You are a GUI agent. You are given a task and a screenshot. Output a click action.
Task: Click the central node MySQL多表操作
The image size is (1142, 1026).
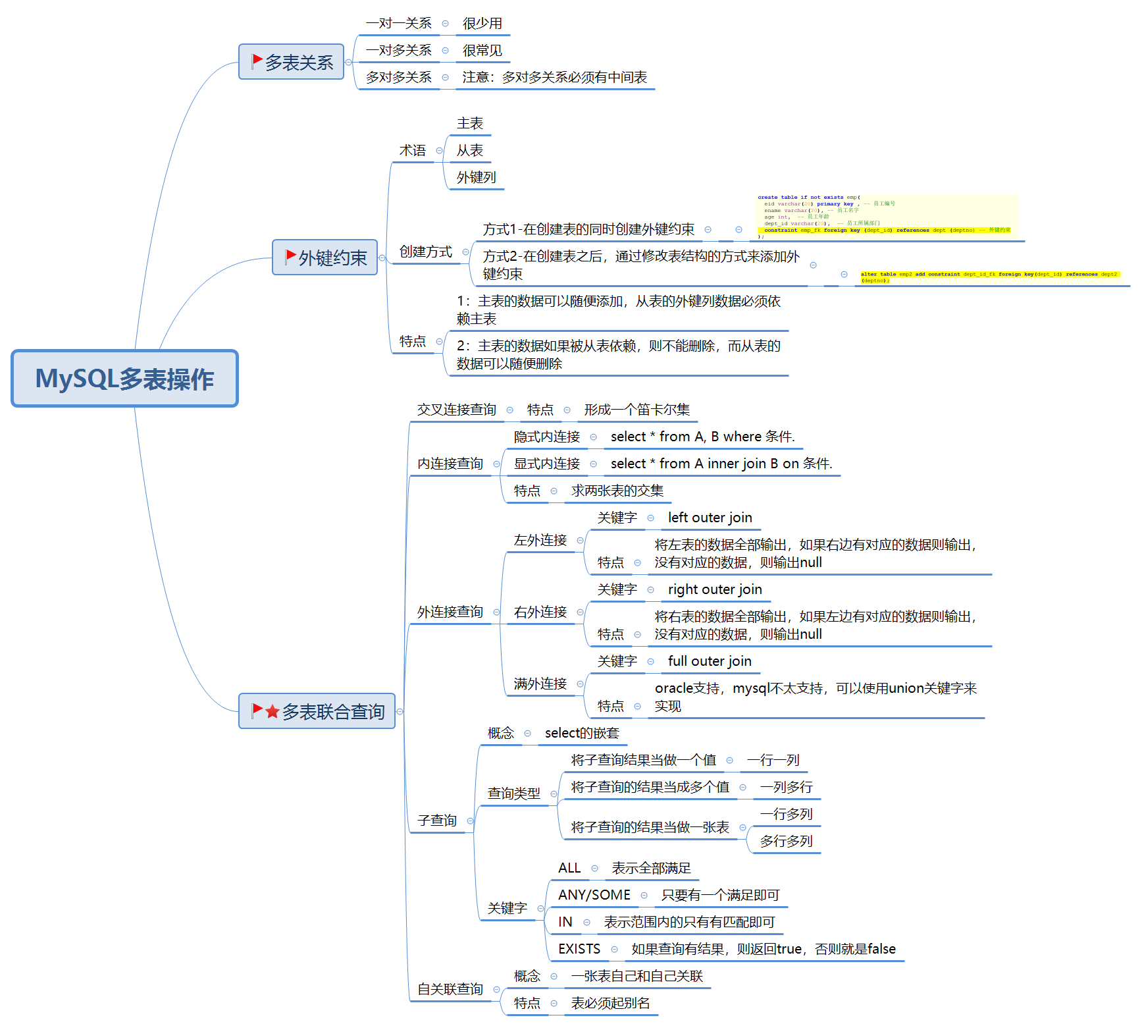coord(124,379)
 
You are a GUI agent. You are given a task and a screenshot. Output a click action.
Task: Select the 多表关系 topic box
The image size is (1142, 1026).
coord(291,62)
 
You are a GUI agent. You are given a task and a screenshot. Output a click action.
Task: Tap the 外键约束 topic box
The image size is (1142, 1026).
coord(324,257)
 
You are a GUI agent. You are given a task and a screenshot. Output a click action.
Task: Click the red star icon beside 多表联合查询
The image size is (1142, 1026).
coord(273,711)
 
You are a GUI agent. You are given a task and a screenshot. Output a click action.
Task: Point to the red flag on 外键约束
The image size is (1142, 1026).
coord(290,256)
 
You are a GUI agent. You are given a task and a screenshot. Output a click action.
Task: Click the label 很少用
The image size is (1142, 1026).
coord(482,24)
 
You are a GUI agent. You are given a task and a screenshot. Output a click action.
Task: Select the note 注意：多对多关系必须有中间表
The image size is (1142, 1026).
coord(554,78)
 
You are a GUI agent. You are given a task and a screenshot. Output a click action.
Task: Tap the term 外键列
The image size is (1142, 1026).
coord(476,178)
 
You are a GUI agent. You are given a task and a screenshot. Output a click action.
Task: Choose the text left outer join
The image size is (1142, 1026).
coord(710,518)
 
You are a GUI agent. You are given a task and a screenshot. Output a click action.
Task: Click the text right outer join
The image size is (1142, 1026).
coord(715,590)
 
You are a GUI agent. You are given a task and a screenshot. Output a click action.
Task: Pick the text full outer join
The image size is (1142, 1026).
coord(710,662)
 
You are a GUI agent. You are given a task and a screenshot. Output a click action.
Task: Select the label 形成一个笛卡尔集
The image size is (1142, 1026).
coord(636,410)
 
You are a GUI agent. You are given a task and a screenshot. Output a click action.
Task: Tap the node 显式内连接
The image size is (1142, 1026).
coord(546,464)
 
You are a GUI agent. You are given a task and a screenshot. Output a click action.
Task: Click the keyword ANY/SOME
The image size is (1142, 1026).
coord(594,896)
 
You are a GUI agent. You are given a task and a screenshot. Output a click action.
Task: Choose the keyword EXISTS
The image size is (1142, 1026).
coord(579,950)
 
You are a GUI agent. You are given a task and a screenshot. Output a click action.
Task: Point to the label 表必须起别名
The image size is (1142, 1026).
coord(610,1004)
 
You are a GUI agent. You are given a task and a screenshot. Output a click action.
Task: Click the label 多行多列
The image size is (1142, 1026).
coord(786,842)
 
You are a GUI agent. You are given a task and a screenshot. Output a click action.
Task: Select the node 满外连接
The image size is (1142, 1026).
coord(540,684)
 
